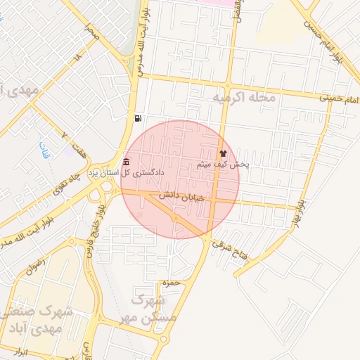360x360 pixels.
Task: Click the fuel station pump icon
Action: tap(136, 118)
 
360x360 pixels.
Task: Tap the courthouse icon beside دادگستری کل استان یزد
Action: tap(126, 161)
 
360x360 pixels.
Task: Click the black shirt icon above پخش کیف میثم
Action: tap(224, 153)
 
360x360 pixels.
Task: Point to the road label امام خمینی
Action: tap(340, 101)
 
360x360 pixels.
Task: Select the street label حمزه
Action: tap(169, 283)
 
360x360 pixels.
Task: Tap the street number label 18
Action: tap(77, 56)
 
